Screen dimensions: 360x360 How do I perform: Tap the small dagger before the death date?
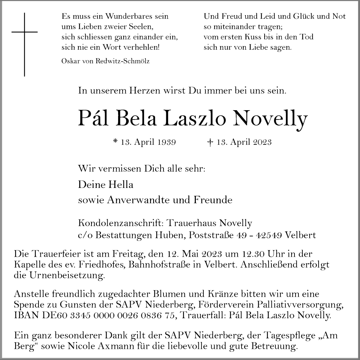[210, 142]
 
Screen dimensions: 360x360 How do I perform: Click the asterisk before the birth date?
[115, 141]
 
